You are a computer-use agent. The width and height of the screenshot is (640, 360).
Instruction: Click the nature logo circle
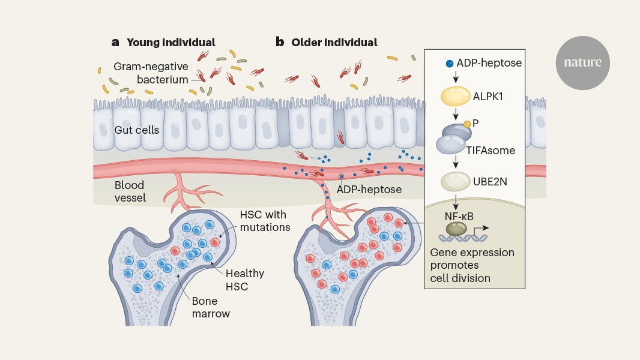pyautogui.click(x=582, y=62)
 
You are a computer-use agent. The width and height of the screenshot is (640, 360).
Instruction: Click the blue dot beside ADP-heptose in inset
pyautogui.click(x=449, y=63)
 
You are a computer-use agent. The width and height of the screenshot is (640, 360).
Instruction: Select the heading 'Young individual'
pyautogui.click(x=171, y=42)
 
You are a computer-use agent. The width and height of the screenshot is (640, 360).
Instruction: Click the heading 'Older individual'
pyautogui.click(x=334, y=42)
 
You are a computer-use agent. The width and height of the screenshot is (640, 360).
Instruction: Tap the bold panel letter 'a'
pyautogui.click(x=115, y=42)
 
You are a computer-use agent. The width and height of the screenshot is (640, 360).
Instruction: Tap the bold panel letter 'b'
pyautogui.click(x=279, y=42)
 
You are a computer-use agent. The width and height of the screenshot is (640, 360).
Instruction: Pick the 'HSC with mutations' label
pyautogui.click(x=265, y=221)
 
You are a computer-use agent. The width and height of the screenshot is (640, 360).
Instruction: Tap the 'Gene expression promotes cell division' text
pyautogui.click(x=472, y=265)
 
